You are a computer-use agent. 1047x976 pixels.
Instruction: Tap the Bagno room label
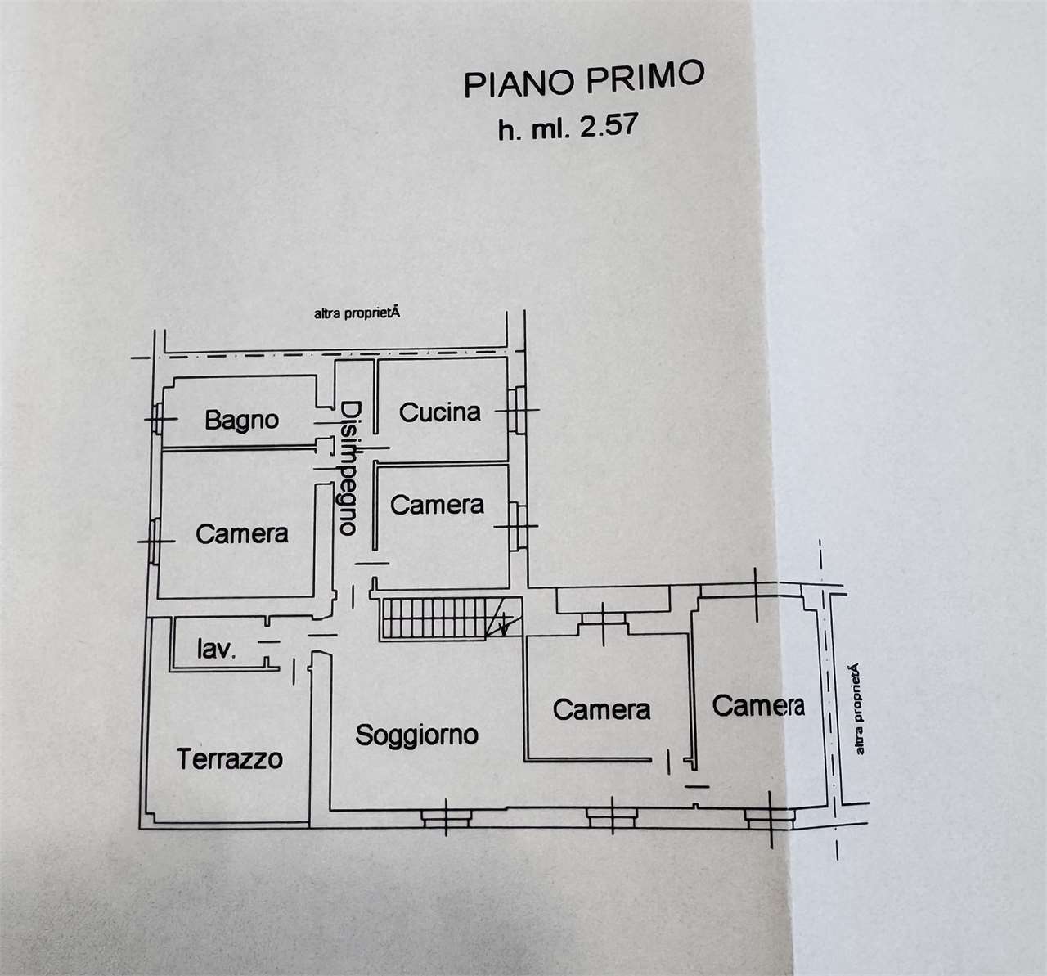(x=242, y=421)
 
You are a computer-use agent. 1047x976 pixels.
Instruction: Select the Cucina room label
(x=440, y=412)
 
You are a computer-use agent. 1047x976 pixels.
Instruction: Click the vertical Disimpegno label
(x=350, y=468)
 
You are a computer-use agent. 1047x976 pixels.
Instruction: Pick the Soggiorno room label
(x=416, y=735)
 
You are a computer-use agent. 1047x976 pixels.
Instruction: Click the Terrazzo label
(x=230, y=758)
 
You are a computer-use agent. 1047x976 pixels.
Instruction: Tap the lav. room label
(x=216, y=649)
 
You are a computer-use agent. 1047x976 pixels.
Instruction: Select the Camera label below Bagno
(x=242, y=534)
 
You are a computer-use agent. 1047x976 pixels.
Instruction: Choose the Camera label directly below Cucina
(x=437, y=505)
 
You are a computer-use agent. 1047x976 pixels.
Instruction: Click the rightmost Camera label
(x=758, y=705)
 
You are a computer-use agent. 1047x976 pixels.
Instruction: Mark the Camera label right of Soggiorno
(x=601, y=710)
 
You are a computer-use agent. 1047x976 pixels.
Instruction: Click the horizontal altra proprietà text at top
(x=357, y=313)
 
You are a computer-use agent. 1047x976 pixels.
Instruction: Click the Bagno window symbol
(x=156, y=419)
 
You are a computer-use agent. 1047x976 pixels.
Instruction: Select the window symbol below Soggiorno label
(x=447, y=818)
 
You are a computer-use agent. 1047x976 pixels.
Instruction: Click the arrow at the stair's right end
(x=505, y=625)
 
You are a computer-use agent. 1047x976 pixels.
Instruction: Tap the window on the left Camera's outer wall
(x=155, y=542)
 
